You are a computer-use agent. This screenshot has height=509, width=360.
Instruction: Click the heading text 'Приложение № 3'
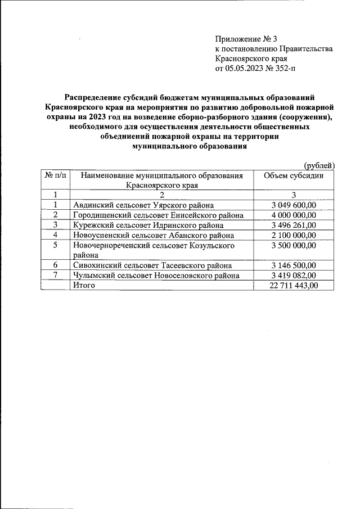[246, 39]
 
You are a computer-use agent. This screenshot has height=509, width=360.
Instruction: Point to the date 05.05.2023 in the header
[245, 69]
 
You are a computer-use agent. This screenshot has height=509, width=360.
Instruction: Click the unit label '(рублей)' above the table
[319, 165]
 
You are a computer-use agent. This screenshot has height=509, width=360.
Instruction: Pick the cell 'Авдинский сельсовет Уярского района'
[143, 205]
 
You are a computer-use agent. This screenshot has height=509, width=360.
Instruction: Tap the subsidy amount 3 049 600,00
[294, 205]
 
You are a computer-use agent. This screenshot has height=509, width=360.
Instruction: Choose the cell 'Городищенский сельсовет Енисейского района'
[158, 215]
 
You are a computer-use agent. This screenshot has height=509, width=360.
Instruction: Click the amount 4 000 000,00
[294, 215]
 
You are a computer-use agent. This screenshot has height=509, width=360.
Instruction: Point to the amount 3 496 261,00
[294, 225]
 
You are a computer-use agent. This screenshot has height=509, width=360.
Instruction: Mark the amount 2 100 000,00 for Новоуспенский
[294, 235]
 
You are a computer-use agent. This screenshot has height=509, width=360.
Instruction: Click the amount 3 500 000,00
[294, 245]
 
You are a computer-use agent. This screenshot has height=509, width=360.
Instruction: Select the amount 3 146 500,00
[294, 265]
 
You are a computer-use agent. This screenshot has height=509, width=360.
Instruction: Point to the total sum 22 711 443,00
[294, 286]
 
